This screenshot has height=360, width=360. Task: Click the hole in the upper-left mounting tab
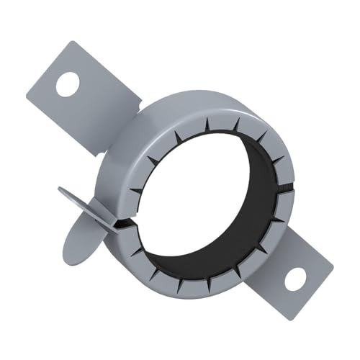coord(67,85)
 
